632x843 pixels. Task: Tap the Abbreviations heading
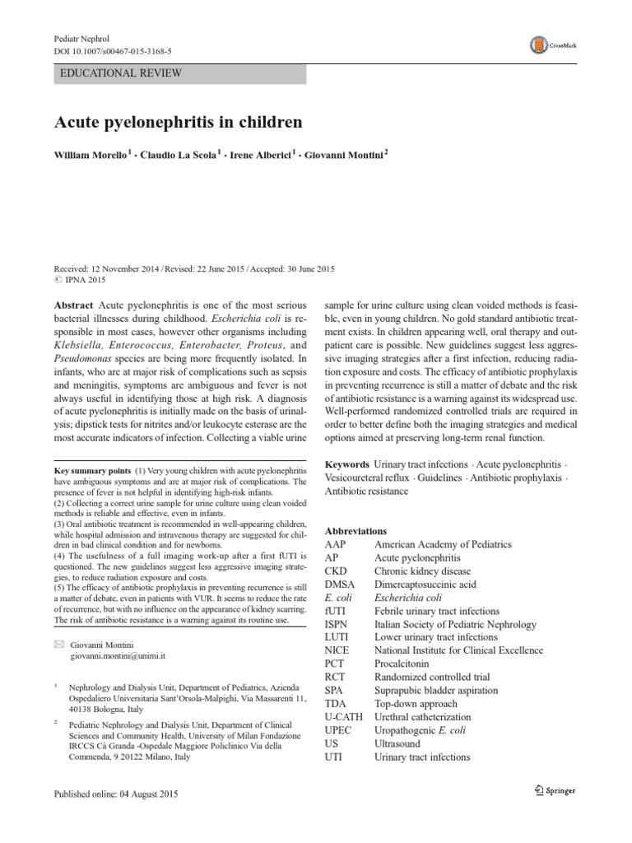[x=355, y=531]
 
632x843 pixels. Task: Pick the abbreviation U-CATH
[x=344, y=716]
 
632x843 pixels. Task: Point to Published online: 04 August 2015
[x=115, y=794]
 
